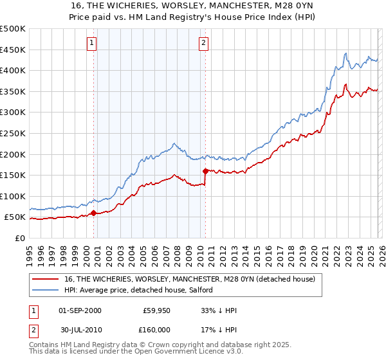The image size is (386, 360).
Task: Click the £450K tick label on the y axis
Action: coord(13,50)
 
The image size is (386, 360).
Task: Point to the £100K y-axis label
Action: coord(13,196)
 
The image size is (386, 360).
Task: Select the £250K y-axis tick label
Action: coord(13,133)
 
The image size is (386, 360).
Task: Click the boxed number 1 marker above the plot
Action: coord(92,43)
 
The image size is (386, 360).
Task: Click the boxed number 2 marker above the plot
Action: coord(203,43)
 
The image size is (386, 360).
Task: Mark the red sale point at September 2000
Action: coord(94,213)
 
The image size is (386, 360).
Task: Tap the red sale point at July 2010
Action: coord(205,171)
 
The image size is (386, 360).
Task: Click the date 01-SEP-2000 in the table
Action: coord(80,310)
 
